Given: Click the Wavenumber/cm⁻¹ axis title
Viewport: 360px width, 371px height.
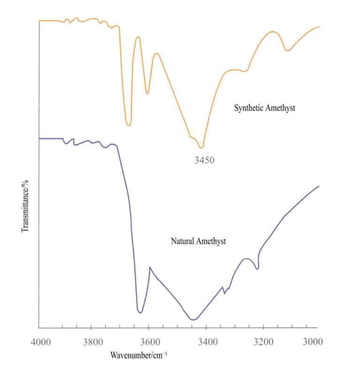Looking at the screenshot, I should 139,355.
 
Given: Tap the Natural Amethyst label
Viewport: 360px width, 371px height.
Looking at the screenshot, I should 199,242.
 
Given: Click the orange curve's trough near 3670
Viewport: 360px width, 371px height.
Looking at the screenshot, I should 128,125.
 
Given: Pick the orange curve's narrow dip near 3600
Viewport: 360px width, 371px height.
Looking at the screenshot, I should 147,94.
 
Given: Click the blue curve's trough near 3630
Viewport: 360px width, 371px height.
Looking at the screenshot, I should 140,312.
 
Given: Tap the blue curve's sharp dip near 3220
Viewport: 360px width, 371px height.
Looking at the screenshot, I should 257,269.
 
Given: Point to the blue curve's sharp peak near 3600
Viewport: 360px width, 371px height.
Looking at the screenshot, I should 150,267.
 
